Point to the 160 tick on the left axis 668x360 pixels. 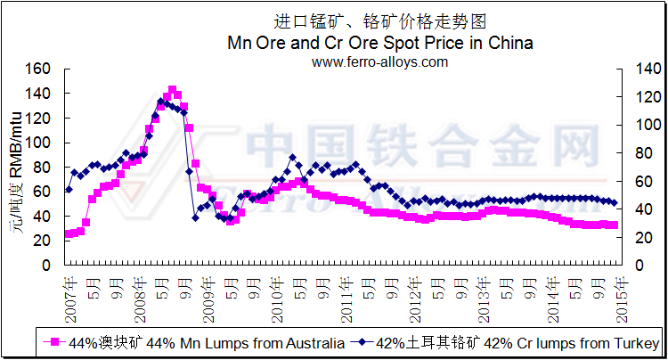[x=41, y=70]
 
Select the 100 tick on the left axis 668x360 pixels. [x=41, y=143]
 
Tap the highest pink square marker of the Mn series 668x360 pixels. [x=172, y=89]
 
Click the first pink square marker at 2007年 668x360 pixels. [x=69, y=234]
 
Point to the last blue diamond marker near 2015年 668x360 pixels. [x=614, y=204]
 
